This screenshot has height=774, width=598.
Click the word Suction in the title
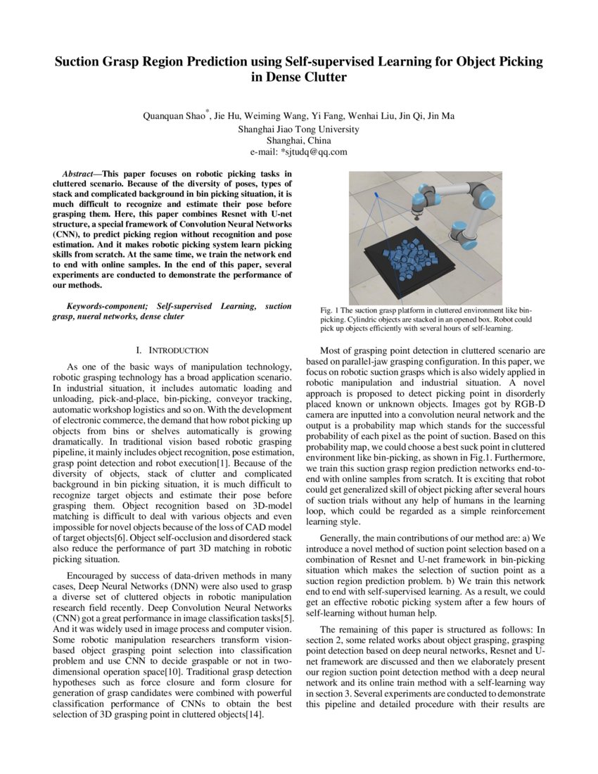pyautogui.click(x=79, y=61)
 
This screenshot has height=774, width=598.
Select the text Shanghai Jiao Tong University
pyautogui.click(x=299, y=129)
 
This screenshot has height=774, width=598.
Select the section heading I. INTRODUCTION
pyautogui.click(x=172, y=350)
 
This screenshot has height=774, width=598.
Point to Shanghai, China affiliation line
pyautogui.click(x=299, y=140)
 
